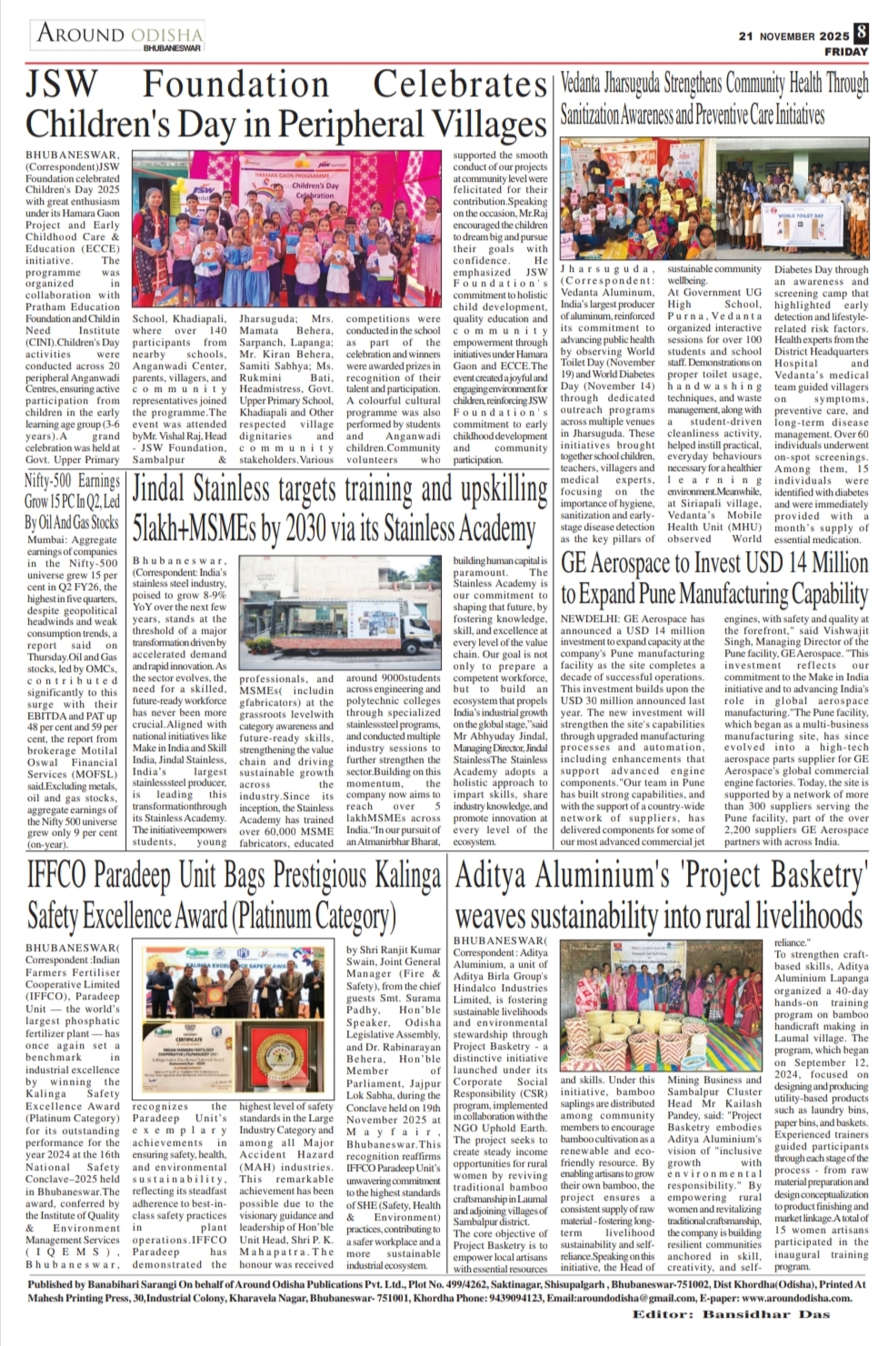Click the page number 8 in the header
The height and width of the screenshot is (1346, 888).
(860, 33)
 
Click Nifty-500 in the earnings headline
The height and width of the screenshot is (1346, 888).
(48, 480)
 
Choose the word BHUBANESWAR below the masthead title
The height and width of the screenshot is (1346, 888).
(172, 47)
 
